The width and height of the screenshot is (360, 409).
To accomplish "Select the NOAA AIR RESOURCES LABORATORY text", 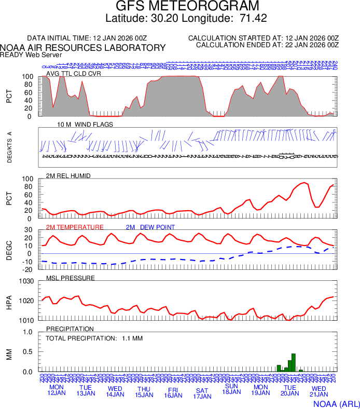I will pos(83,48).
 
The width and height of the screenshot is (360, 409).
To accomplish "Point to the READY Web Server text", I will pos(31,54).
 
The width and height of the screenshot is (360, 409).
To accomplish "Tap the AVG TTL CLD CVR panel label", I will pos(74,73).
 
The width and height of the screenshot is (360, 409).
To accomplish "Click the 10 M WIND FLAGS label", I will pos(85,125).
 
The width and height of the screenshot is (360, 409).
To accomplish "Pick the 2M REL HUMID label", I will pos(68,176).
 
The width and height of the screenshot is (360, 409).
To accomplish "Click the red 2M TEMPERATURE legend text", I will pos(75,227).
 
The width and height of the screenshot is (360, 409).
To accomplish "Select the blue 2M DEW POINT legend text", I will pos(150,227).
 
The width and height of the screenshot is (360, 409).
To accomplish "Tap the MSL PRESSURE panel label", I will pos(71,278).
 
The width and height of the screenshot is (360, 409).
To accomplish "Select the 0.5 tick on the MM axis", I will pos(28,352).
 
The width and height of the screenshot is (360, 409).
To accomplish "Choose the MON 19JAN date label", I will pos(260,390).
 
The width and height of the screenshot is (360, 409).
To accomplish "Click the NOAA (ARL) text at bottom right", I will pos(336,403).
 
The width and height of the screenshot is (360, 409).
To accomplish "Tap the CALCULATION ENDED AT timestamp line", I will pos(267,45).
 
